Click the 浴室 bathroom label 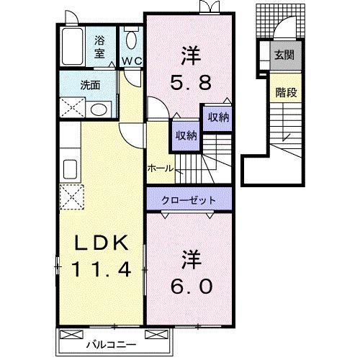pos(99,47)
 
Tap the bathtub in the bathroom pos(72,48)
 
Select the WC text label pos(130,61)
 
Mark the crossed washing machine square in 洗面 pos(73,109)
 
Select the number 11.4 pos(100,269)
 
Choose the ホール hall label pos(159,168)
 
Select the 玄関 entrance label pos(283,54)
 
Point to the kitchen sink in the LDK pos(71,170)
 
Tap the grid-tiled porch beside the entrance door pos(264,27)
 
